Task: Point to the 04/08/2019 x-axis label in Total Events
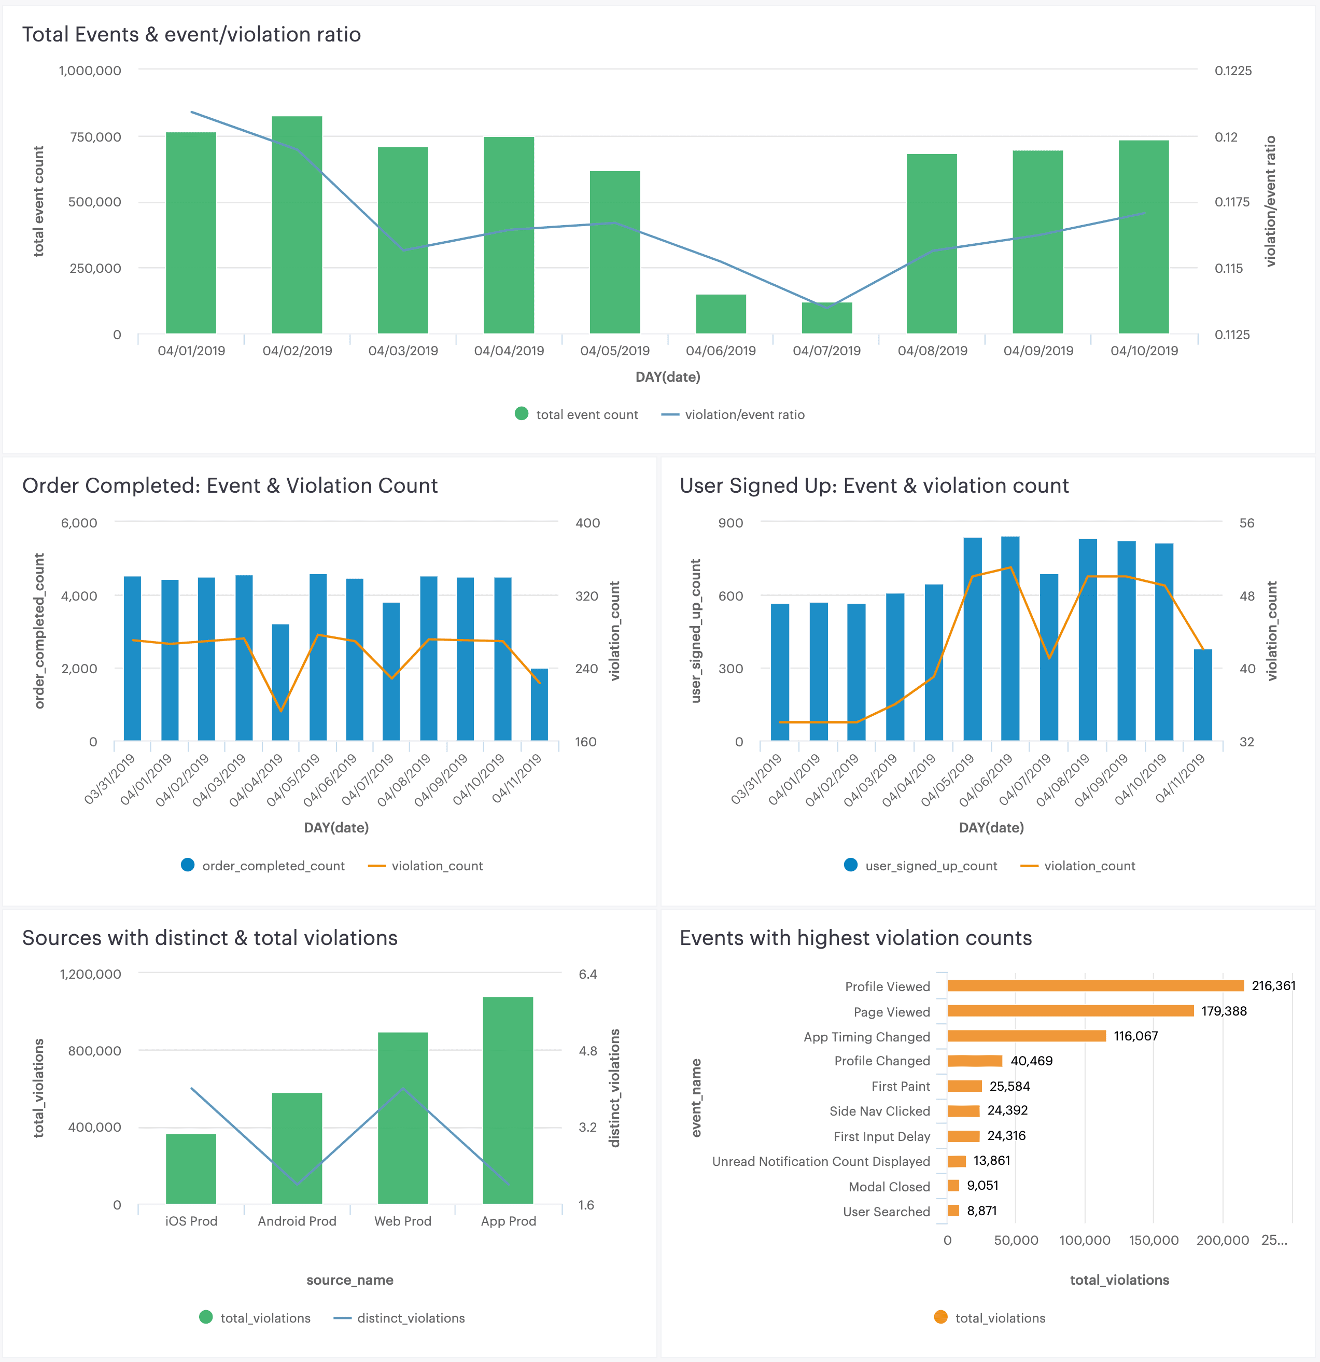point(932,351)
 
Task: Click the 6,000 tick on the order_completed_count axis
point(79,523)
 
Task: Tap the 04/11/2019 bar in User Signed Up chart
point(1203,695)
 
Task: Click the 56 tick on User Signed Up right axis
point(1246,523)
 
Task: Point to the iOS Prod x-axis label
point(191,1221)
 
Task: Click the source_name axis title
point(349,1280)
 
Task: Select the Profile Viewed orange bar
point(1095,985)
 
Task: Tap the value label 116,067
point(1135,1036)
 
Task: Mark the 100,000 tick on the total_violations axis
point(1085,1241)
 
